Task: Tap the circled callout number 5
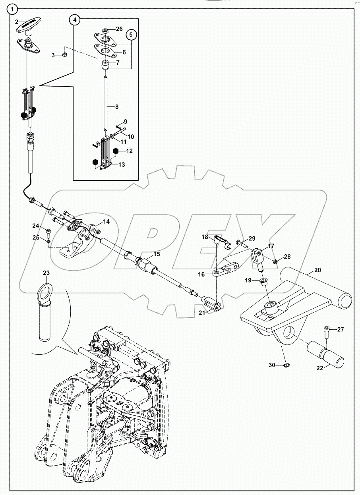click(x=132, y=35)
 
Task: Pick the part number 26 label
click(x=119, y=29)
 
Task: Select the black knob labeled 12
click(x=116, y=151)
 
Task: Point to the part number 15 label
click(x=157, y=254)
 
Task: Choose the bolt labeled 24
click(x=48, y=232)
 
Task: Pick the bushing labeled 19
click(x=263, y=282)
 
